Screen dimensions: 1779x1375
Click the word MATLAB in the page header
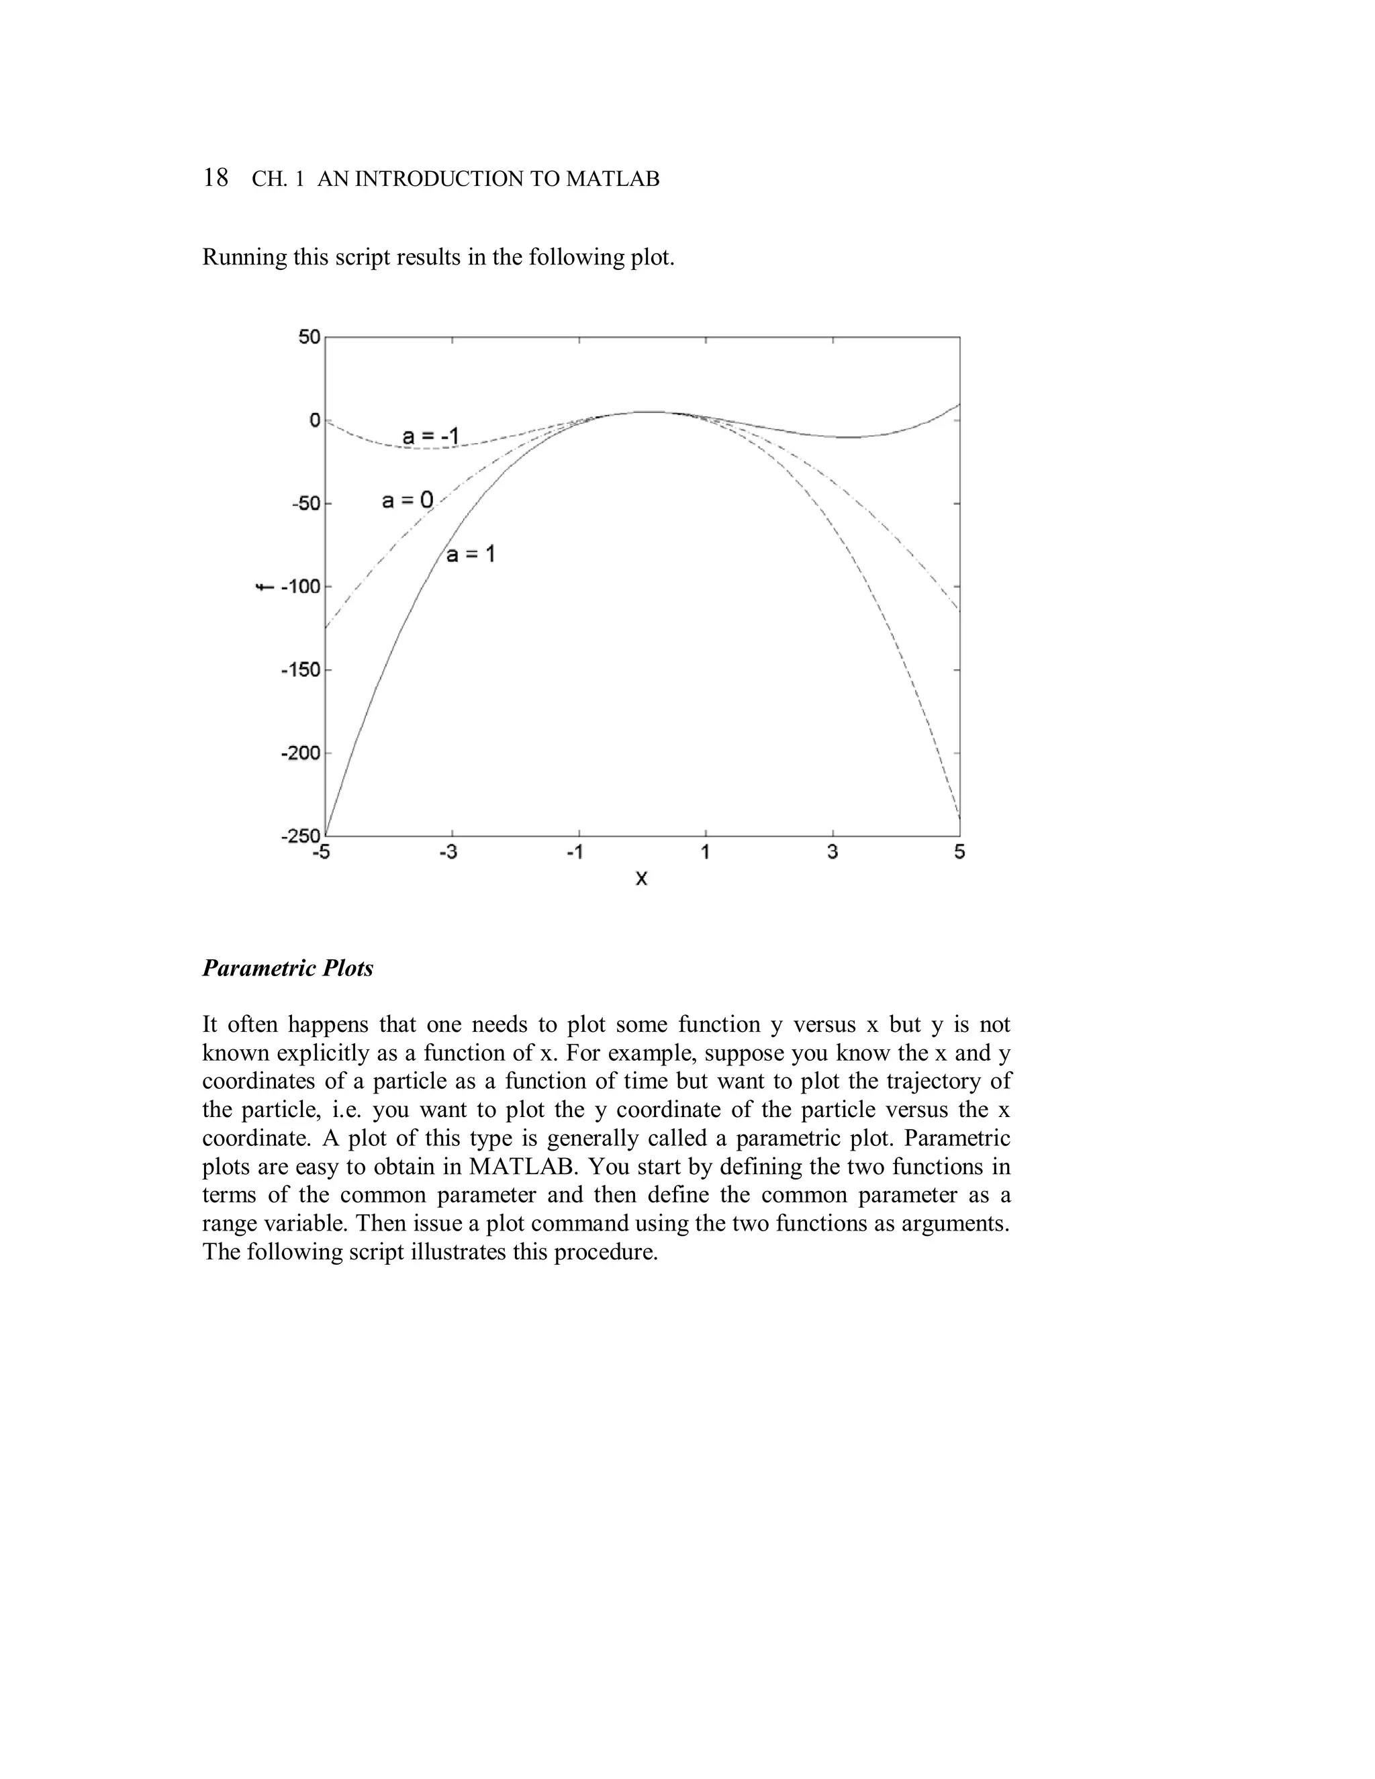(x=612, y=179)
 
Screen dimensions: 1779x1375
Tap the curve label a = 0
(x=408, y=500)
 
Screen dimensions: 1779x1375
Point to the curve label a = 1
(x=470, y=554)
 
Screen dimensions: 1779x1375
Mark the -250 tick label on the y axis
(x=301, y=836)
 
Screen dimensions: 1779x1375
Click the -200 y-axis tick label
(x=301, y=753)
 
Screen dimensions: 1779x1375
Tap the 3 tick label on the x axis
(x=833, y=853)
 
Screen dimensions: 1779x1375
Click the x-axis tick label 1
(x=706, y=853)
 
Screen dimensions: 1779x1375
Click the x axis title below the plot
(x=641, y=878)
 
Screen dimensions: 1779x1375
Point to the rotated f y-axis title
(x=263, y=587)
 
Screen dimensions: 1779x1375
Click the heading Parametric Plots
(x=287, y=969)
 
